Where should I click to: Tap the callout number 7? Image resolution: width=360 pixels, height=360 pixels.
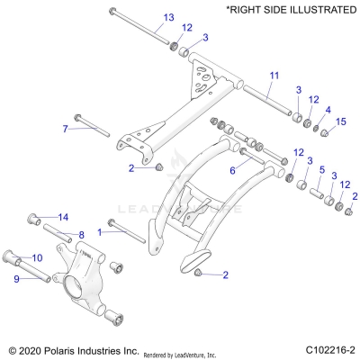(65, 129)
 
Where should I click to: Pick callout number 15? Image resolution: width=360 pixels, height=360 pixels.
(341, 121)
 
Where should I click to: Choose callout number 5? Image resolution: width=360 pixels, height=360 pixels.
(322, 169)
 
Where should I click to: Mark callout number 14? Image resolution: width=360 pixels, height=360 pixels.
(64, 217)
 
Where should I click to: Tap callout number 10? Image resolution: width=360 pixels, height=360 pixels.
(63, 257)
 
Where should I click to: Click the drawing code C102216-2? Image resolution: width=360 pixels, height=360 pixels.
(328, 349)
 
